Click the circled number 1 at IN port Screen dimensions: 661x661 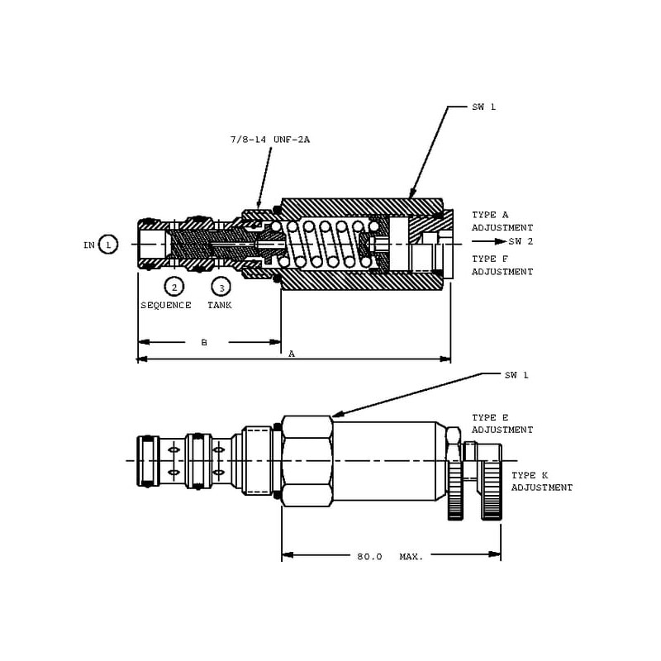[x=108, y=245]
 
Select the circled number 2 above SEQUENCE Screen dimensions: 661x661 [x=174, y=287]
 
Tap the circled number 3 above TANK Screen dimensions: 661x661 [x=221, y=287]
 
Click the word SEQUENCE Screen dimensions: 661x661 [x=165, y=305]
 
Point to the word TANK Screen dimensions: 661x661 [x=219, y=305]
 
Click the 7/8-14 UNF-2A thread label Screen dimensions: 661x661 [x=269, y=140]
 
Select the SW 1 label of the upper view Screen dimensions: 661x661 [x=484, y=107]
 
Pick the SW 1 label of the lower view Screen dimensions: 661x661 [x=516, y=374]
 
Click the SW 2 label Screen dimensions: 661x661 [x=521, y=241]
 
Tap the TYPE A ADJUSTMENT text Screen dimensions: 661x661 [x=502, y=221]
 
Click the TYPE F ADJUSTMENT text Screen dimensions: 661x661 [x=502, y=265]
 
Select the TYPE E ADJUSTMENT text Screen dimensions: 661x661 [x=502, y=424]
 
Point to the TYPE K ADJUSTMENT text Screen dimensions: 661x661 [x=541, y=482]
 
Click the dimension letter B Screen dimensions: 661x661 [x=204, y=342]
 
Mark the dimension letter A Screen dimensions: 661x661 [x=292, y=354]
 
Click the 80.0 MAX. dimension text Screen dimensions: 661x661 [x=390, y=557]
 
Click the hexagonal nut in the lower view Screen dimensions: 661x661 [x=307, y=460]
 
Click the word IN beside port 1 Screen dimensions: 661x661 [x=89, y=245]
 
